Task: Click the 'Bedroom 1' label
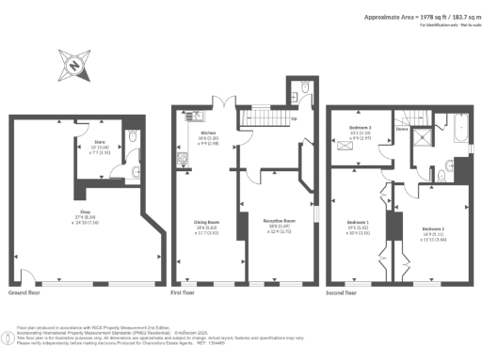tap(361, 223)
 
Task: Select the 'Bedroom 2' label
tap(433, 228)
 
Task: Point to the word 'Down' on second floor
tap(402, 131)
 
